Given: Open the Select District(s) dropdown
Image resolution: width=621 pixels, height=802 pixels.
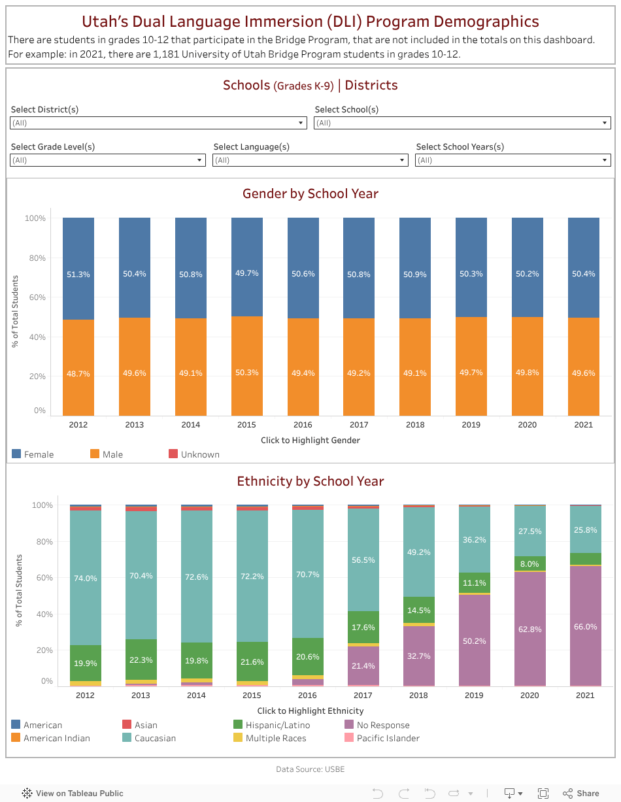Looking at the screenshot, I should (159, 123).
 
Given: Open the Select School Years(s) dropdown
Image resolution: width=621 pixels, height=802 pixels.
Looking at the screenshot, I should (512, 160).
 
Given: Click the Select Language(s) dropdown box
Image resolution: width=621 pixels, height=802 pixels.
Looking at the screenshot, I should (310, 160).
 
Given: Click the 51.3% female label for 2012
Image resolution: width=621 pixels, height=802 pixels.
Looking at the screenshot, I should (78, 275).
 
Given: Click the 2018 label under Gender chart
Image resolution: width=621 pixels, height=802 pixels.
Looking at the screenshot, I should (415, 425).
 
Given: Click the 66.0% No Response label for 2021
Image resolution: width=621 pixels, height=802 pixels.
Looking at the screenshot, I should (585, 626).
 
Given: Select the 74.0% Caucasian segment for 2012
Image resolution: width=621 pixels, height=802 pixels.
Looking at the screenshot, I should (85, 578).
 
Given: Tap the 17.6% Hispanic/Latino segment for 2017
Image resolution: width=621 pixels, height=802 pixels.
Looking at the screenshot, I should (363, 627).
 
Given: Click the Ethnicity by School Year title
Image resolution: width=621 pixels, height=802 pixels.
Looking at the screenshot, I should (310, 482).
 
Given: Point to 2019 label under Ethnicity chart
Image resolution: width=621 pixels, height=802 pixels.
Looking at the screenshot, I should (474, 695).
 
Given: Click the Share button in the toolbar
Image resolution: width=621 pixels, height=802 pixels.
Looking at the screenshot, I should (581, 794).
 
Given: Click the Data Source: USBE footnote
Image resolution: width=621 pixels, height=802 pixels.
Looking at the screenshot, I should (310, 769).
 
